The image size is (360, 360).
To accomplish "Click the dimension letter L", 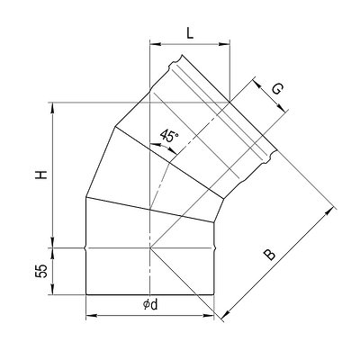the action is [190, 32].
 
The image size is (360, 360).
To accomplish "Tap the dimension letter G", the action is [277, 89].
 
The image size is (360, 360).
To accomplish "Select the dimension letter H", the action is [41, 175].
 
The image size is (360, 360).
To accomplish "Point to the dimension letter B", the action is [269, 255].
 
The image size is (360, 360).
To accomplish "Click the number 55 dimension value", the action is [41, 271].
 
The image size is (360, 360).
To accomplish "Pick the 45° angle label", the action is [169, 136].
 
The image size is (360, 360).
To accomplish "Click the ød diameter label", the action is [150, 305].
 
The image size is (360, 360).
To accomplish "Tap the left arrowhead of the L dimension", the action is [156, 44].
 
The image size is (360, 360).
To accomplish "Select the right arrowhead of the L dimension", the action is [224, 44].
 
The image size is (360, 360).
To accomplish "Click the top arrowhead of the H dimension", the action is [53, 108].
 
